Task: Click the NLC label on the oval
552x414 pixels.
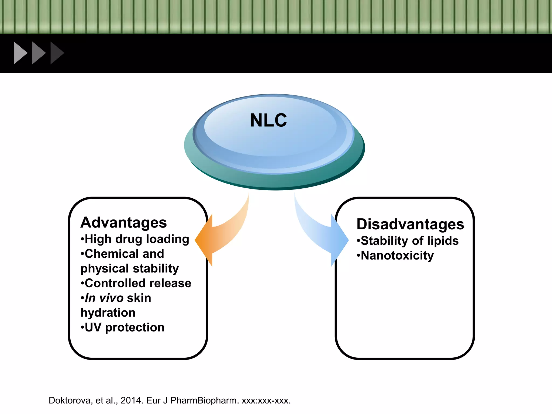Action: tap(268, 120)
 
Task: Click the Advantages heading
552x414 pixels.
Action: tap(124, 223)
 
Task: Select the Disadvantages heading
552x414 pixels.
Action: tap(410, 224)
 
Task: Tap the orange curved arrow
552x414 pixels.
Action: tap(221, 237)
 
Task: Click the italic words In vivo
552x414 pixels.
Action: tap(104, 298)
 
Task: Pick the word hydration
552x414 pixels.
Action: tap(108, 313)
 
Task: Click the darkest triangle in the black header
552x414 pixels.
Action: tap(56, 53)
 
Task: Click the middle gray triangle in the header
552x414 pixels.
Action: tap(38, 53)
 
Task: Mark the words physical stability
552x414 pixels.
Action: tap(130, 269)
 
